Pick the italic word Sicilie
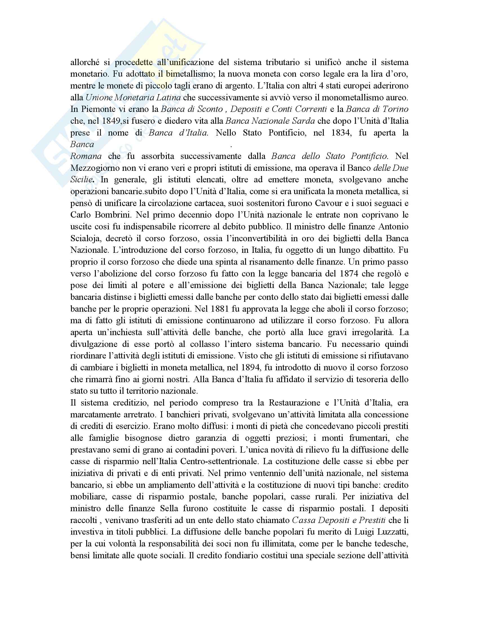(81, 180)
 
